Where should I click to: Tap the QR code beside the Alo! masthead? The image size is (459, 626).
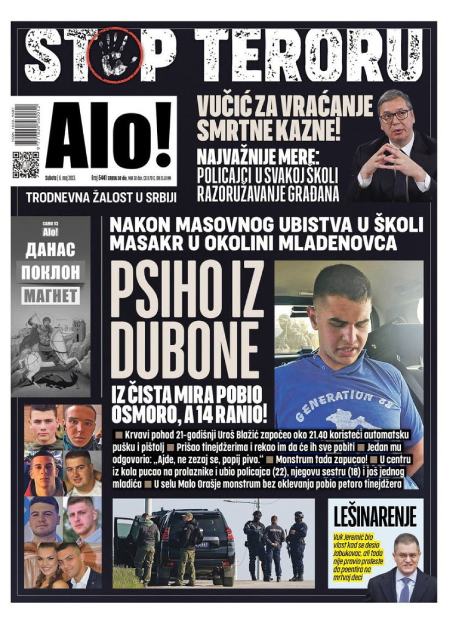click(25, 164)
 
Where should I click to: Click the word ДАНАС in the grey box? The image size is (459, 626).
click(50, 250)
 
